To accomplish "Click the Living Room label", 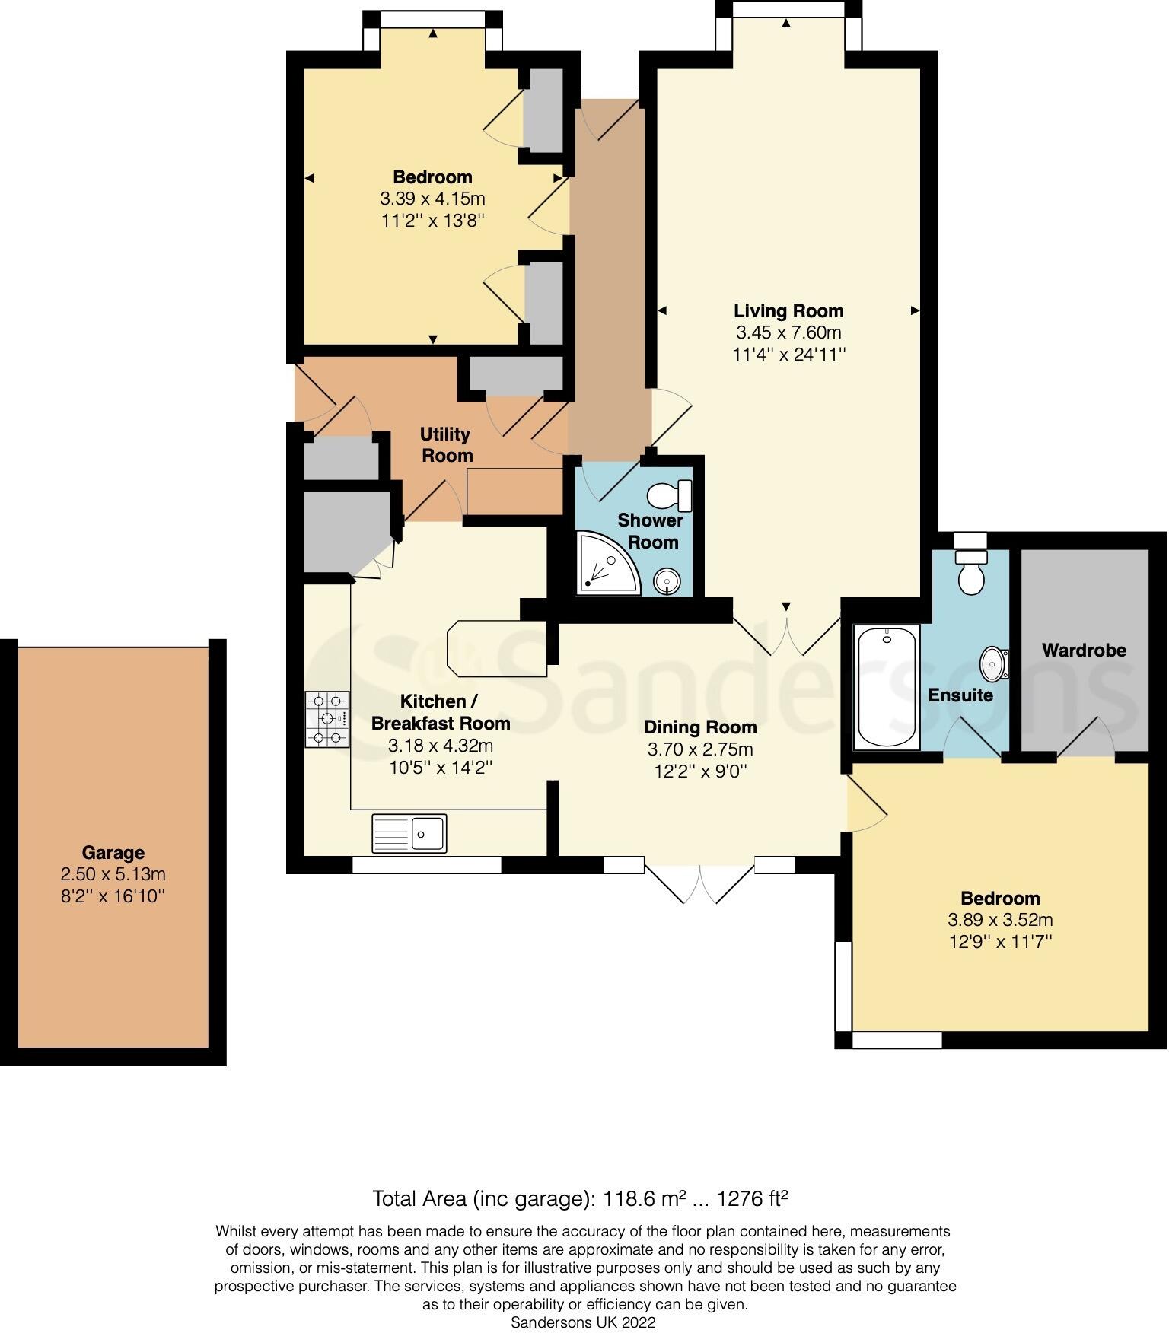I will point(788,310).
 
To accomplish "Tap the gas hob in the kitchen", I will point(327,718).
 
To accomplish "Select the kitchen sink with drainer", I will point(409,832).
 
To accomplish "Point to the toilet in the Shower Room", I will point(670,496).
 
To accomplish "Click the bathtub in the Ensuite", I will point(887,687).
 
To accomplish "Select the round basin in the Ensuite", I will point(993,664).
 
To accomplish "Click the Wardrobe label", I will point(1084,651).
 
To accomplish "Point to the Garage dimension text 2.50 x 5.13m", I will point(113,874).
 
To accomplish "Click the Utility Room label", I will point(447,445).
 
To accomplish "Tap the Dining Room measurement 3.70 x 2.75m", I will point(700,749).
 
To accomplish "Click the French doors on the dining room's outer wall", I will point(700,883).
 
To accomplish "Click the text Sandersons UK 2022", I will point(583,1322).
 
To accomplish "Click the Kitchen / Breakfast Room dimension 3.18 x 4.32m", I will point(441,745).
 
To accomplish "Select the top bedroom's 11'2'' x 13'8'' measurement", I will point(432,221).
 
